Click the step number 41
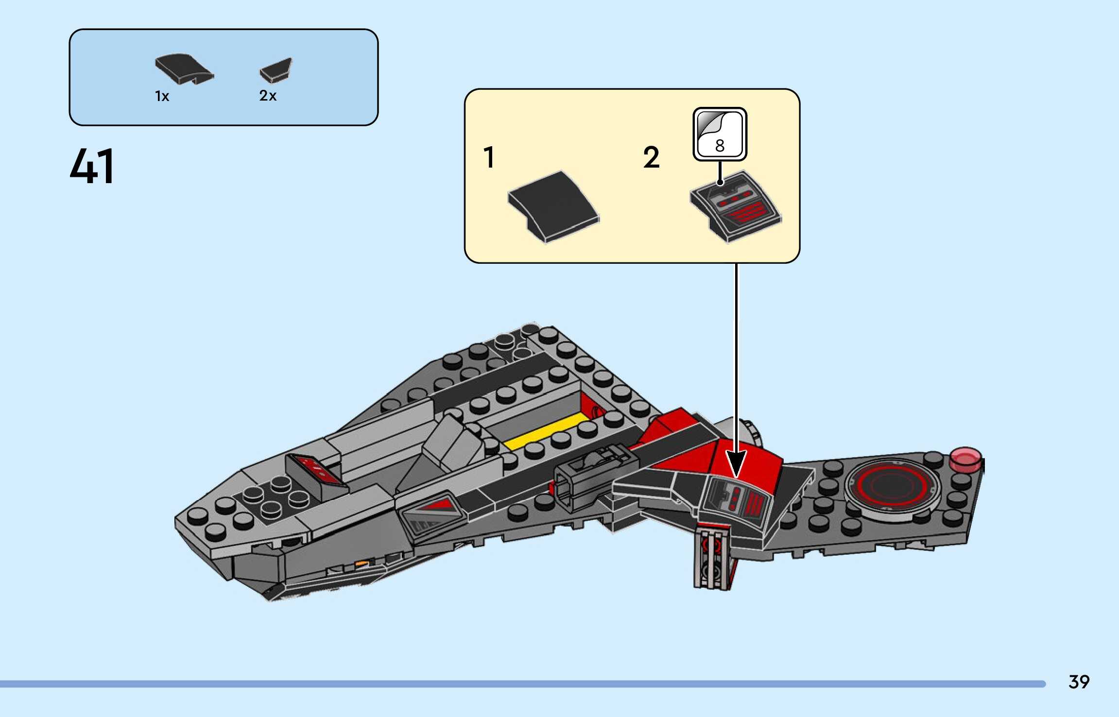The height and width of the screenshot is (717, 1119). coord(92,166)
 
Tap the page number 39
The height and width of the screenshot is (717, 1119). coord(1079,682)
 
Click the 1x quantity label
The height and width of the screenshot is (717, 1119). coord(162,96)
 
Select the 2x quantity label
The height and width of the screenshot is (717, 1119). coord(268,96)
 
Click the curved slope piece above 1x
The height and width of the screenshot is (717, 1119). coord(184,68)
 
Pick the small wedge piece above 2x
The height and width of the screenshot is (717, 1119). coord(276,70)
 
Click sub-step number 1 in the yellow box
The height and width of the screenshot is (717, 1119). coord(489,158)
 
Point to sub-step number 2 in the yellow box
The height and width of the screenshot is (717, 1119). coord(651,158)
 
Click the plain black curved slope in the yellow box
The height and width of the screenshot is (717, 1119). coord(553,206)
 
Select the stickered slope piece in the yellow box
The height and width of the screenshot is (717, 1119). coord(735,206)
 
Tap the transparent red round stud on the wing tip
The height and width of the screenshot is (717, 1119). coord(965,459)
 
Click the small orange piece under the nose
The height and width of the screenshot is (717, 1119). coord(362,563)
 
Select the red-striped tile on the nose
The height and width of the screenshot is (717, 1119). coord(316,470)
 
